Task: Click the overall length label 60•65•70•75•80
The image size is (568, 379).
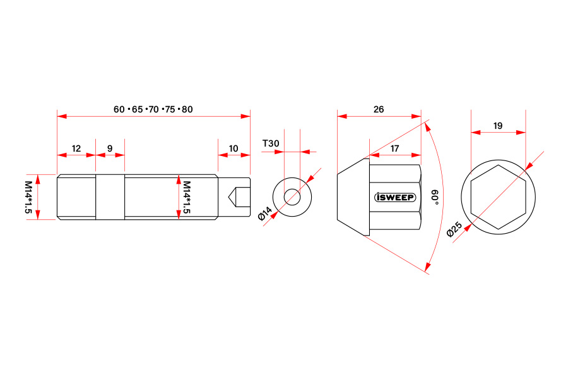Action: (153, 109)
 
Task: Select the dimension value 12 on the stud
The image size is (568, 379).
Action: (76, 148)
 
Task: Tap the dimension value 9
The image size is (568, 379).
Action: (110, 148)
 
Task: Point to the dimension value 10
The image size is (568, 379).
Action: (234, 148)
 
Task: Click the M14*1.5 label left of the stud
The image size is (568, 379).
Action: (28, 197)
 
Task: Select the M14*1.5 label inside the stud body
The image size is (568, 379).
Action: (187, 197)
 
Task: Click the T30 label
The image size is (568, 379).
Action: (271, 143)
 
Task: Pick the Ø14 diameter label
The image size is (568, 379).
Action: (265, 214)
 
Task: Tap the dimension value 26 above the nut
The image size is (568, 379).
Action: (379, 109)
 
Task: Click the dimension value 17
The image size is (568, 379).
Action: (394, 148)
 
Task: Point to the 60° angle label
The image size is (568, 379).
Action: (435, 197)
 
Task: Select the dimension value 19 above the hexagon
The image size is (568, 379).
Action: (498, 126)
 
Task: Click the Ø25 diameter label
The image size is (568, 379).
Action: (454, 229)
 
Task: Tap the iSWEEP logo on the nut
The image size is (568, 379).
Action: (395, 197)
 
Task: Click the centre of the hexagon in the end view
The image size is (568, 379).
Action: (498, 197)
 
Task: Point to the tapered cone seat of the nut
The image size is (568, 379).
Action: (353, 197)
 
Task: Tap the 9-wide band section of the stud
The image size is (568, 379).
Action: (110, 197)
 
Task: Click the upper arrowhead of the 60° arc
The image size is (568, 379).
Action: (427, 126)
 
